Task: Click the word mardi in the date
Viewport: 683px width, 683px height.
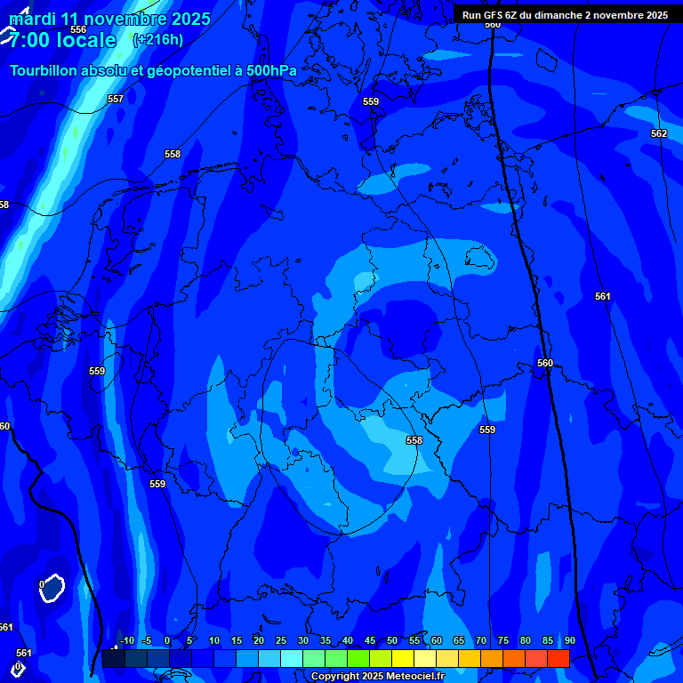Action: pos(32,19)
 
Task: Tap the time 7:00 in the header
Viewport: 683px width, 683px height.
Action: pos(28,40)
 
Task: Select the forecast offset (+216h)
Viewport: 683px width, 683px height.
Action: pos(157,40)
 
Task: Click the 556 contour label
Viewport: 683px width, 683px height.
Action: pos(78,29)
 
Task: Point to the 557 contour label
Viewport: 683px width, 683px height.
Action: pos(115,99)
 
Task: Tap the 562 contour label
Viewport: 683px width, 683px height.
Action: pos(658,133)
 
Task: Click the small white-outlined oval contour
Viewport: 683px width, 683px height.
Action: pos(52,587)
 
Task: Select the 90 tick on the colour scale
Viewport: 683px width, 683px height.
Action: pos(569,640)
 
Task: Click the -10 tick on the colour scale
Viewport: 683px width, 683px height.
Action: pos(126,640)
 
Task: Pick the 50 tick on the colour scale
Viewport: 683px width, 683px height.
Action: pos(392,640)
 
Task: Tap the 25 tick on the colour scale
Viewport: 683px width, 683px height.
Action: pos(281,640)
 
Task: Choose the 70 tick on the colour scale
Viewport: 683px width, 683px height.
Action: pos(481,640)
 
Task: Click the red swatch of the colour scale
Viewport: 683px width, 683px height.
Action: pos(558,658)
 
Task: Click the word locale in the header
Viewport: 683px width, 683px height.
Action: pos(85,40)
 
